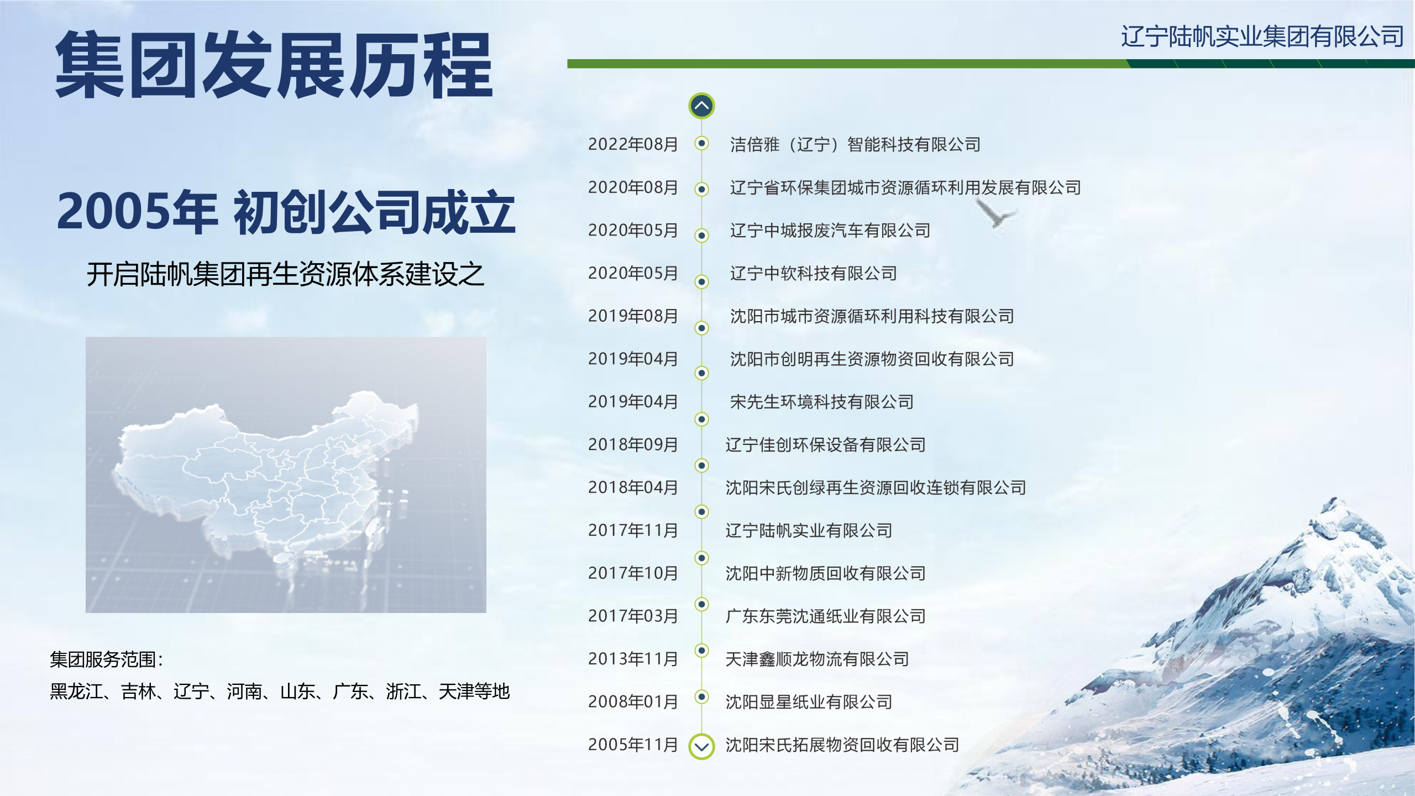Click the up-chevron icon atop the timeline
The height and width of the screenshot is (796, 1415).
pyautogui.click(x=701, y=106)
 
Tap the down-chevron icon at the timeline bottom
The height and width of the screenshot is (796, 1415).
pyautogui.click(x=701, y=747)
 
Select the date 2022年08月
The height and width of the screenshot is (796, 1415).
pyautogui.click(x=633, y=144)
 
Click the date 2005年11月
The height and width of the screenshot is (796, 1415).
pyautogui.click(x=633, y=745)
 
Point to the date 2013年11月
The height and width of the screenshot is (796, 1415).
pyautogui.click(x=633, y=659)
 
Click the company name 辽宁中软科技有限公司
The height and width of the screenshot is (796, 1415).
pyautogui.click(x=813, y=273)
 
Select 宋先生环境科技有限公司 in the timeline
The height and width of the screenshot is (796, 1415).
pyautogui.click(x=821, y=402)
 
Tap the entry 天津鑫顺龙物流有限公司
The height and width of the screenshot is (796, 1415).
pyautogui.click(x=817, y=659)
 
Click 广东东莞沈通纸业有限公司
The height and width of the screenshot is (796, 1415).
pyautogui.click(x=825, y=616)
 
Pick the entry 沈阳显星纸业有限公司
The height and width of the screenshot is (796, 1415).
pyautogui.click(x=809, y=702)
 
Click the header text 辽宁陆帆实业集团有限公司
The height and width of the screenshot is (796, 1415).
pyautogui.click(x=1262, y=36)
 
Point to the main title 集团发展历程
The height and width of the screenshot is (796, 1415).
pyautogui.click(x=274, y=65)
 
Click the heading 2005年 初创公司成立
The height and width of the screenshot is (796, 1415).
pyautogui.click(x=286, y=212)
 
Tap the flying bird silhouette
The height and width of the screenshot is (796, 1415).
pyautogui.click(x=995, y=213)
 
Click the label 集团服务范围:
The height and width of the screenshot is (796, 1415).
pyautogui.click(x=107, y=659)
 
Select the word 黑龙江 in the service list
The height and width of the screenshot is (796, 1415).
pyautogui.click(x=76, y=692)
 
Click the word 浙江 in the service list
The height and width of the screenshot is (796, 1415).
pyautogui.click(x=403, y=692)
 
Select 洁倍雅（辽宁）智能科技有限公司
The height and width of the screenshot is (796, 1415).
pyautogui.click(x=855, y=145)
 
